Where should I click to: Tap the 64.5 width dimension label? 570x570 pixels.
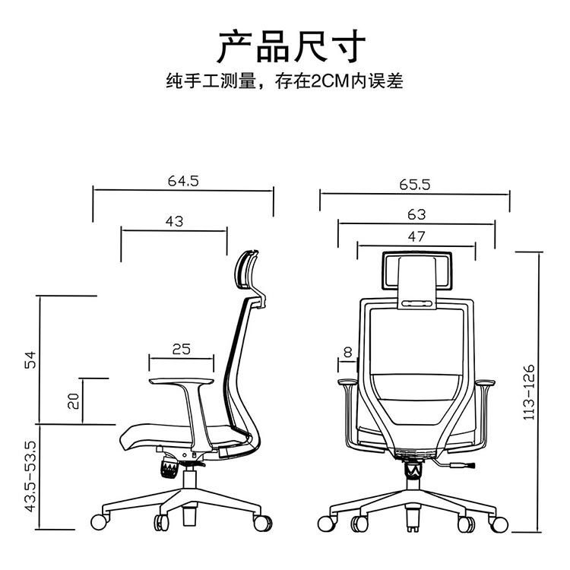[x=182, y=181]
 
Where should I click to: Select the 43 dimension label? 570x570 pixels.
[x=174, y=221]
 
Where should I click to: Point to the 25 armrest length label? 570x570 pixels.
[x=181, y=349]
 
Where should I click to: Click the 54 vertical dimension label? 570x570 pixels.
[x=30, y=360]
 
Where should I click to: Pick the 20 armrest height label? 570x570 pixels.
[x=74, y=401]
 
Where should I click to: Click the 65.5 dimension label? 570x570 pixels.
[x=415, y=184]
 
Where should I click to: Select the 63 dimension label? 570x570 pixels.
[x=416, y=215]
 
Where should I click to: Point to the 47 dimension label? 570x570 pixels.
[x=416, y=236]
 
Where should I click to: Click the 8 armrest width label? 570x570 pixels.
[x=347, y=352]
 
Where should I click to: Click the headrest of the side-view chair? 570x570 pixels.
[x=248, y=271]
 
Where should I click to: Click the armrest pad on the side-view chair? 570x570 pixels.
[x=181, y=379]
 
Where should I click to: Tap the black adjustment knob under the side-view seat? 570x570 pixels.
[x=168, y=466]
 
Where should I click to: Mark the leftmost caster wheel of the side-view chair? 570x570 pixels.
[x=98, y=522]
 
